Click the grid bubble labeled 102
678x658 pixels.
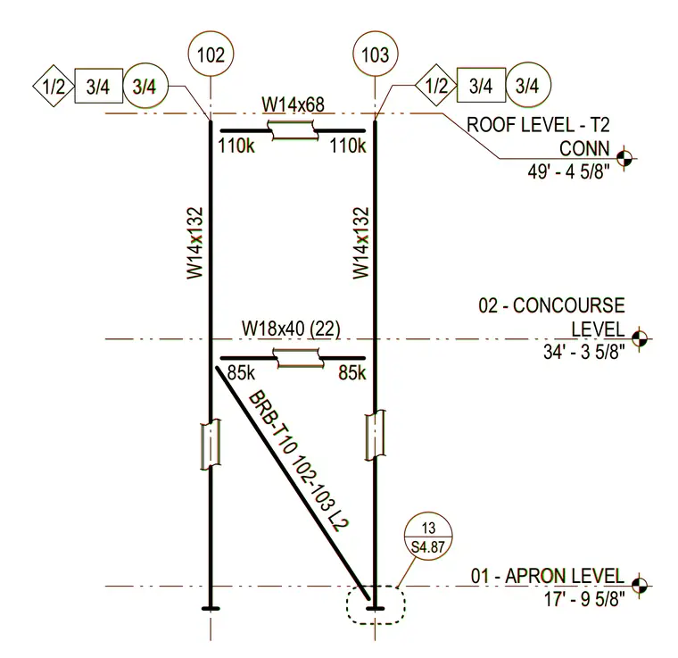(211, 54)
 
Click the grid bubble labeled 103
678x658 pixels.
(375, 54)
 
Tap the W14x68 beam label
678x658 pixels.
(294, 104)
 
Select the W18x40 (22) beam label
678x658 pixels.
(291, 329)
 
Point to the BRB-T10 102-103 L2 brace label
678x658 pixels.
(298, 461)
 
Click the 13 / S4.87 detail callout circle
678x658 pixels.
(428, 537)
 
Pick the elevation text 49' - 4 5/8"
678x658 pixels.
(568, 171)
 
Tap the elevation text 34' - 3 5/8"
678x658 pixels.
(584, 352)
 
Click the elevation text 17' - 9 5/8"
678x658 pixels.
(584, 600)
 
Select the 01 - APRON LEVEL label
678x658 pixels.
(548, 576)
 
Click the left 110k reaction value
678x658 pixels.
(236, 146)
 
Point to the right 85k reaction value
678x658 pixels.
(352, 373)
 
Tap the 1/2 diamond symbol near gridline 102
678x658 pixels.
(54, 86)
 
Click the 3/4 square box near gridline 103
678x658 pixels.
(481, 85)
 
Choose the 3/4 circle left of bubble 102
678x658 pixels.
(145, 86)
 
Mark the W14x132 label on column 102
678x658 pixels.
(194, 243)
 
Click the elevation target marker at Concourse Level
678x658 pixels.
(640, 338)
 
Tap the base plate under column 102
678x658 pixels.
(211, 609)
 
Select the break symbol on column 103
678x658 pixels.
(375, 435)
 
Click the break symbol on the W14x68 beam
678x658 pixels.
(294, 130)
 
